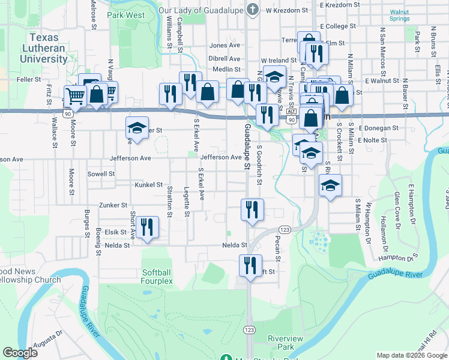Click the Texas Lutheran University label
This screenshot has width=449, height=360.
pyautogui.click(x=43, y=48)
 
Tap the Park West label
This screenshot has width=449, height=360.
pyautogui.click(x=126, y=14)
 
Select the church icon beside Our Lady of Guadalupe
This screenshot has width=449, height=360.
pyautogui.click(x=253, y=10)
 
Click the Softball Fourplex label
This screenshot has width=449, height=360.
pyautogui.click(x=157, y=277)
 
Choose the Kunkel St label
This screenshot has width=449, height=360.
pyautogui.click(x=149, y=185)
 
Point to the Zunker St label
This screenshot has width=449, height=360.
pyautogui.click(x=113, y=205)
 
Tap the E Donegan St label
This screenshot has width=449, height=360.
pyautogui.click(x=378, y=128)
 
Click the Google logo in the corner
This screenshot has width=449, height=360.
pyautogui.click(x=20, y=353)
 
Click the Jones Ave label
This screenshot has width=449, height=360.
pyautogui.click(x=224, y=45)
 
